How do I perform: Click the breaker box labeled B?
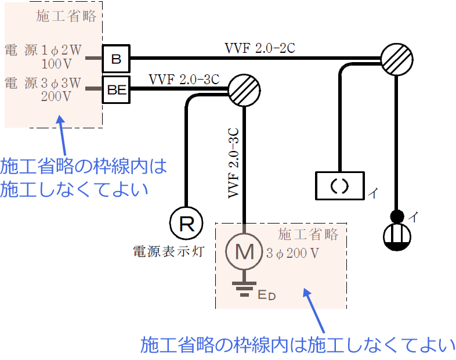116,58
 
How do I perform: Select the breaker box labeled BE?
116,89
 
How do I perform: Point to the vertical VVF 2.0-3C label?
234,163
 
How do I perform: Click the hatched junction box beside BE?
243,90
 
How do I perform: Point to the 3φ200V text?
293,253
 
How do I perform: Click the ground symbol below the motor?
244,287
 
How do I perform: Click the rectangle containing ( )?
339,185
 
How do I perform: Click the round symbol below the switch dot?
397,237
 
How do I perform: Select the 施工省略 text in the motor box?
307,235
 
